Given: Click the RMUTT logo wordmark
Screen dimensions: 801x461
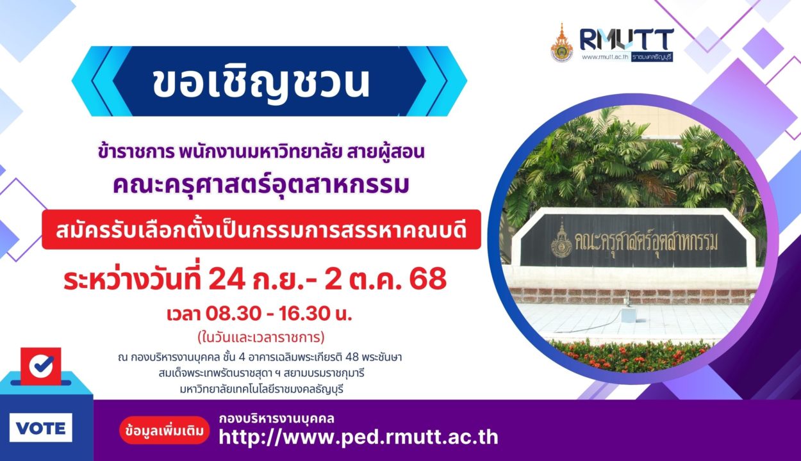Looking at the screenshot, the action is (627, 39).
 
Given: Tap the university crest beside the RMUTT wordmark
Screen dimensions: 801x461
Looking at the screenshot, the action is (562, 42).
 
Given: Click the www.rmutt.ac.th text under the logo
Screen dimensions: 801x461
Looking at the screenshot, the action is (605, 57).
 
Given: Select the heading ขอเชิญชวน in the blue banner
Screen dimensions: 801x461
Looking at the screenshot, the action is (261, 83).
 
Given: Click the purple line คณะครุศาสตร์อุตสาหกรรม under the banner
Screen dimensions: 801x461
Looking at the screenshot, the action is (261, 186).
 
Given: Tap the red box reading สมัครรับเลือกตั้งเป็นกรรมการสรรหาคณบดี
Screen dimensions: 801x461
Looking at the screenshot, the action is (261, 229).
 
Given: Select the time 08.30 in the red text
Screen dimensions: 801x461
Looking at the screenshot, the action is (233, 314).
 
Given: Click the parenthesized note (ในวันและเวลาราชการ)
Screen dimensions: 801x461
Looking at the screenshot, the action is (261, 337).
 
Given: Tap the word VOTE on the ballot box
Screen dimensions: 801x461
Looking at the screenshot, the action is (41, 428).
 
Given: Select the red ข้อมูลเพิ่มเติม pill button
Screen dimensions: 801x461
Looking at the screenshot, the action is (165, 430).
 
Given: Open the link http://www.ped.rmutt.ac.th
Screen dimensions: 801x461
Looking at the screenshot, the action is (358, 437).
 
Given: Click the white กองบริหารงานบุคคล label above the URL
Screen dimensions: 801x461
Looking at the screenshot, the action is (277, 419).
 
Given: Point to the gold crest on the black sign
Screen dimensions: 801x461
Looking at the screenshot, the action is (561, 240).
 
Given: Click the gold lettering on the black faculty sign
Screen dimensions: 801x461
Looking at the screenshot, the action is (646, 243).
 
